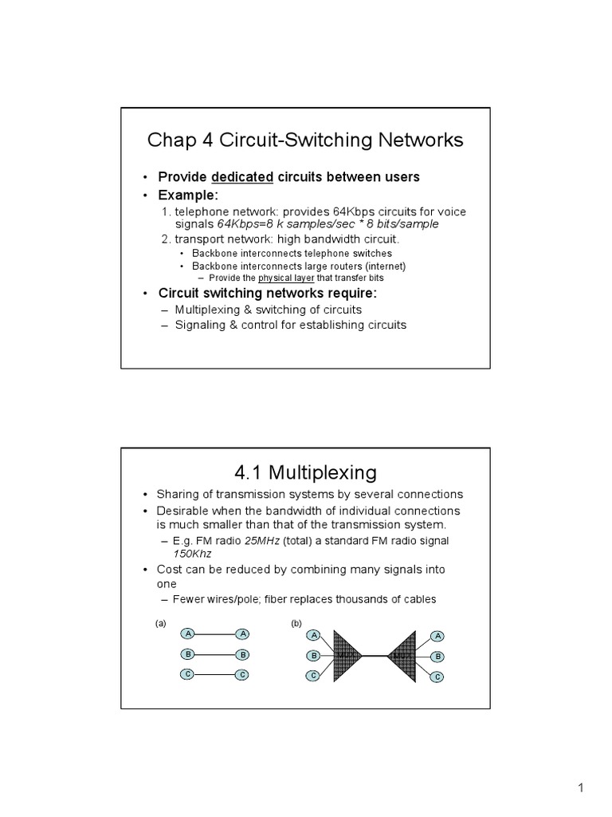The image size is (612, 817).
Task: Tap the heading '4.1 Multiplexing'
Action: [x=305, y=472]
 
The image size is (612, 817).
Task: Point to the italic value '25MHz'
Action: [x=262, y=541]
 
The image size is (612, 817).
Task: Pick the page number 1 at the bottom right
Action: [x=581, y=789]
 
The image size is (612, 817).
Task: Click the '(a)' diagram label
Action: [x=160, y=623]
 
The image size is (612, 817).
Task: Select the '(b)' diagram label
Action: [x=296, y=623]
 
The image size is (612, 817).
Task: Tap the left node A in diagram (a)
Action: [x=189, y=633]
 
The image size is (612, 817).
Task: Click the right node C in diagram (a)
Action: [x=242, y=675]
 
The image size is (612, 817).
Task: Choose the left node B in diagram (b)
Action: [x=314, y=656]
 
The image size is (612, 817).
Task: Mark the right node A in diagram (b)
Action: [x=437, y=636]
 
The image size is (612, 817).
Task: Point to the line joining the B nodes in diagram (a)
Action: [x=215, y=654]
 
